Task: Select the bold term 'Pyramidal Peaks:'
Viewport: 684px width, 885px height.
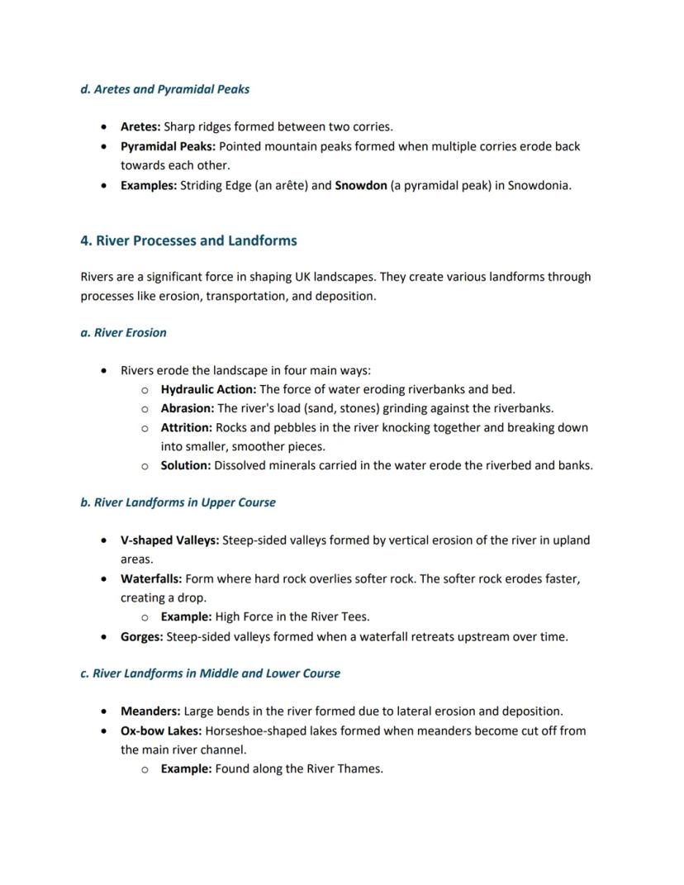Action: pos(168,146)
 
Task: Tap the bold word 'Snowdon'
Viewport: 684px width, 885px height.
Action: pos(360,185)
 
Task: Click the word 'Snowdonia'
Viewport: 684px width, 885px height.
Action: pos(538,185)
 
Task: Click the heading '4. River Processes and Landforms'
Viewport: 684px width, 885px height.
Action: pos(188,240)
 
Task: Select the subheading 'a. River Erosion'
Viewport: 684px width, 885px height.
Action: pos(123,333)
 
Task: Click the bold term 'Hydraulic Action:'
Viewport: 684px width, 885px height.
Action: pos(208,389)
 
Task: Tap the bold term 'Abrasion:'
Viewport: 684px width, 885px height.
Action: pos(188,408)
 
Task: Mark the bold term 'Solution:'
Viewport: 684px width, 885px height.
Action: pos(186,465)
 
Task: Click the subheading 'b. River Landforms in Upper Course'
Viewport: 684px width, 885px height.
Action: pos(178,502)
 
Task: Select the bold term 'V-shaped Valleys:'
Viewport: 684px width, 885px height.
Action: pos(169,540)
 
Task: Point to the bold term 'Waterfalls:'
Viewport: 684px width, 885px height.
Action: pos(151,578)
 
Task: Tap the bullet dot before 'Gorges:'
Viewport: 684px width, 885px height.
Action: pos(102,637)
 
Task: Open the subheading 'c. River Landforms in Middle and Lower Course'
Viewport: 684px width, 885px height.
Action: pos(210,673)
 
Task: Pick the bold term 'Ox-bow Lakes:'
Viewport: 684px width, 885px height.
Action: pos(161,730)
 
